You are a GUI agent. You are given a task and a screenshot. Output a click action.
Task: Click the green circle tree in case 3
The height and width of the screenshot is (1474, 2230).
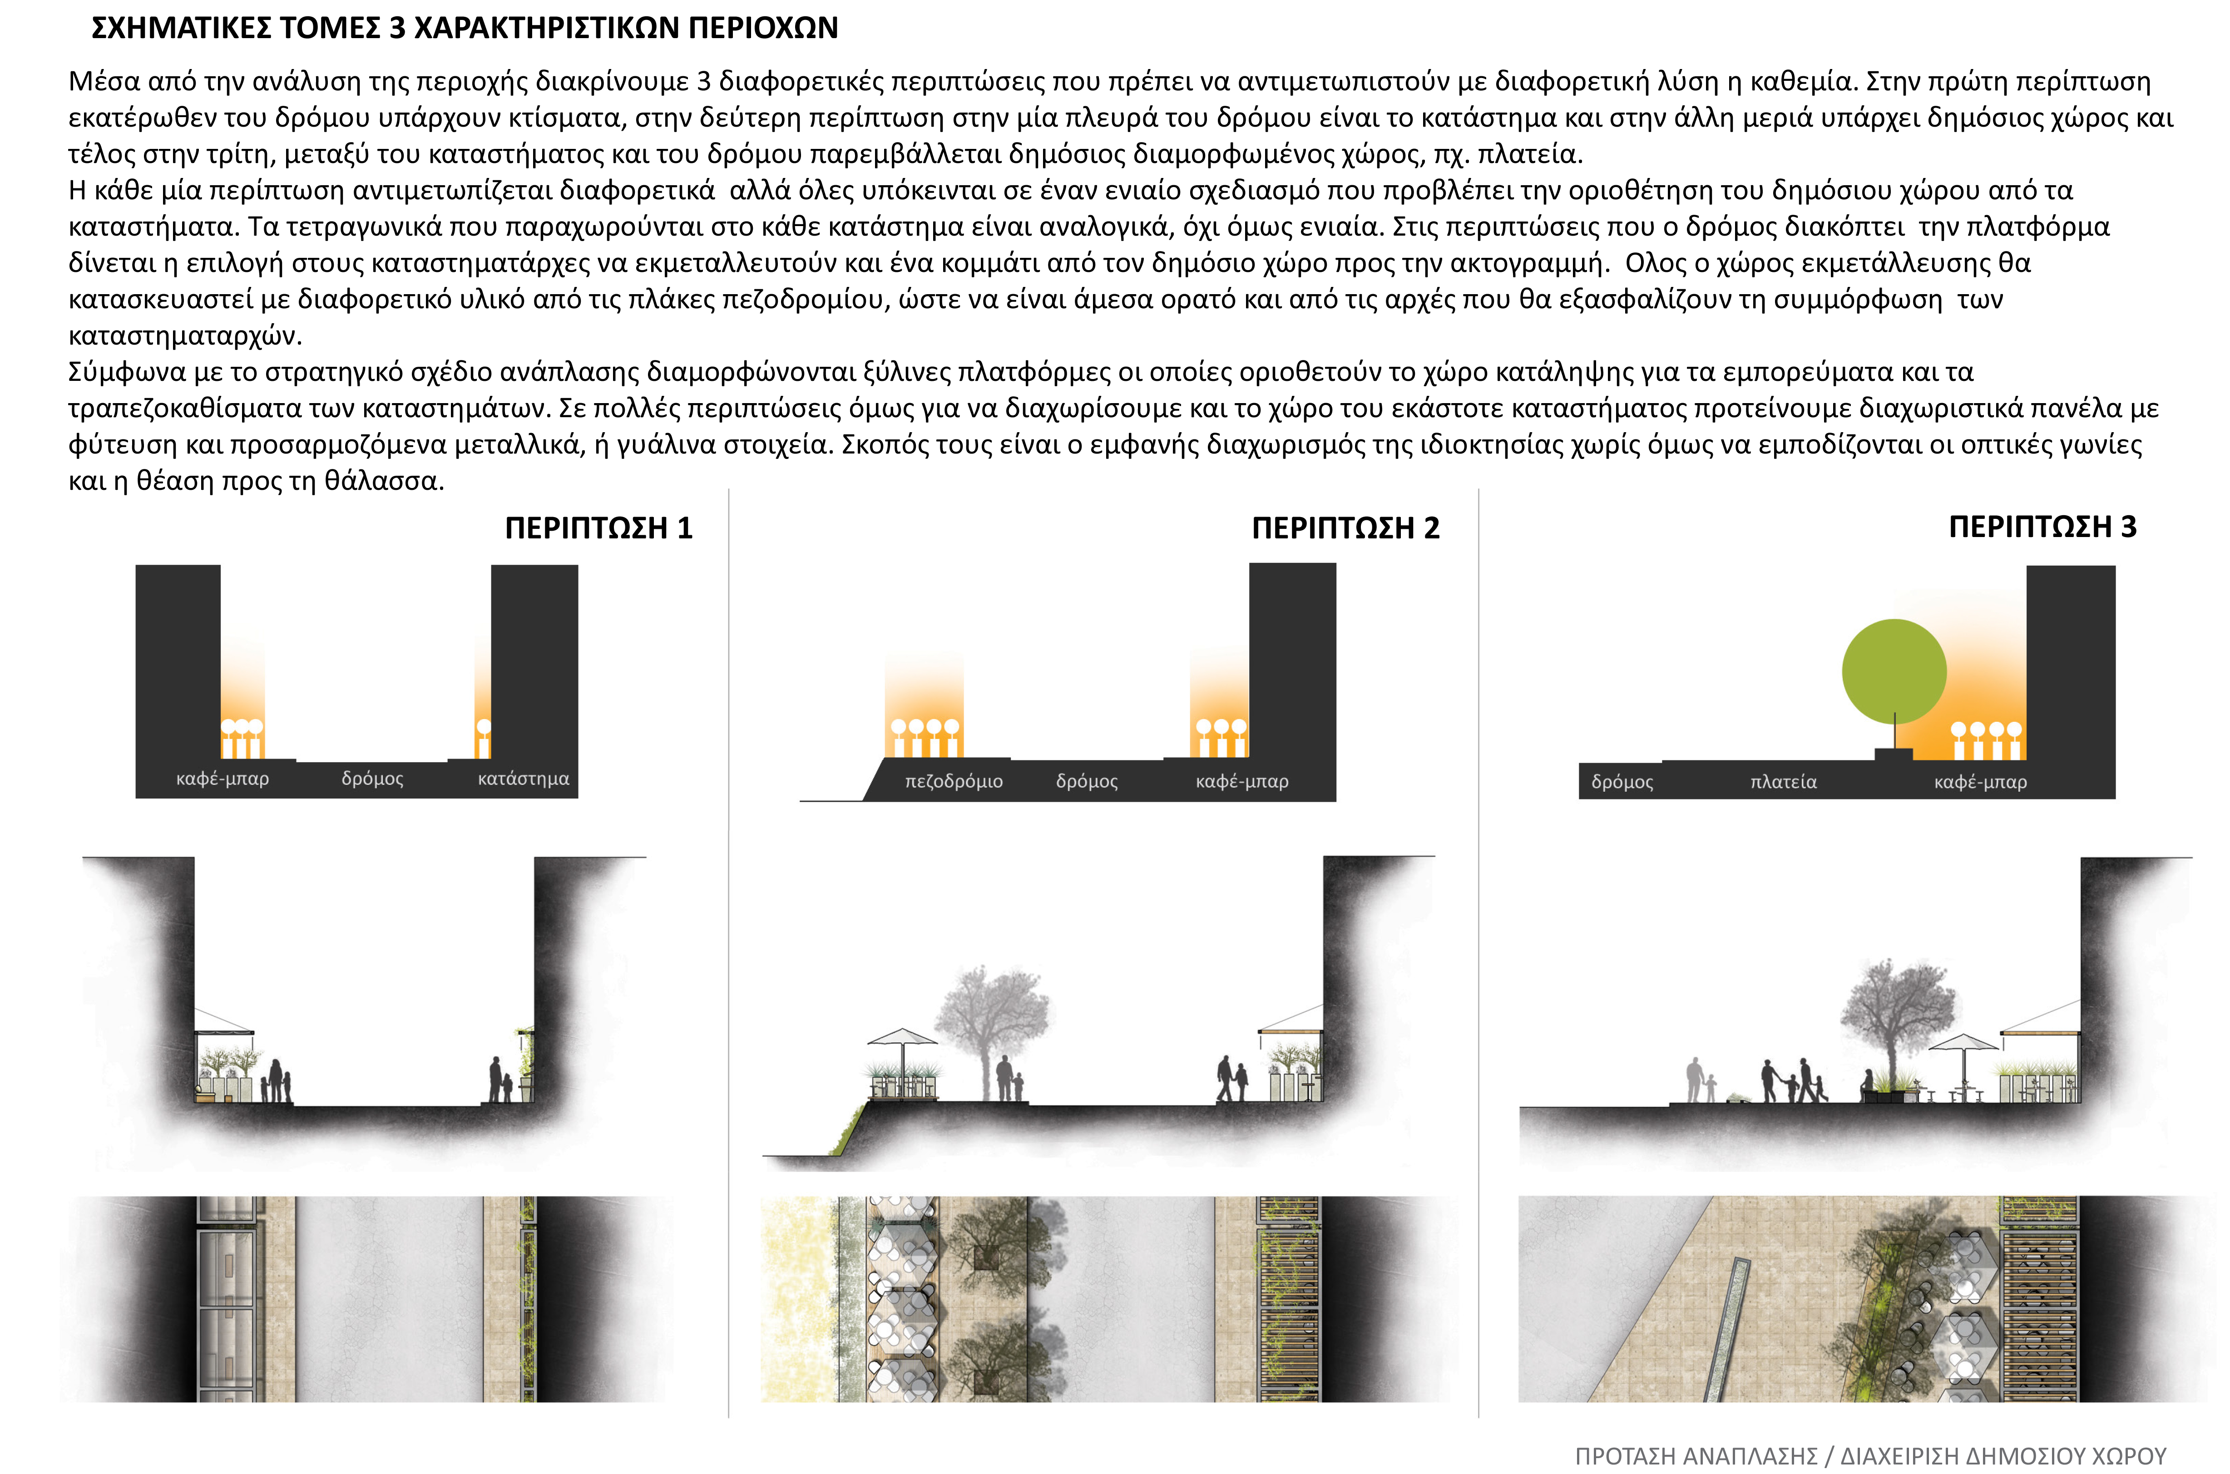[1894, 671]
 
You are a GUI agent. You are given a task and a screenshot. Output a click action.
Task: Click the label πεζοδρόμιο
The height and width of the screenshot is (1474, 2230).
[953, 781]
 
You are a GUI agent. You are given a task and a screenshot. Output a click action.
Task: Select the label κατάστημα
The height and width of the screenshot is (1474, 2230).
[524, 779]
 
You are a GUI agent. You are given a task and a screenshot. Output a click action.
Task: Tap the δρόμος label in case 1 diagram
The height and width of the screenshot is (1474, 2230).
[372, 779]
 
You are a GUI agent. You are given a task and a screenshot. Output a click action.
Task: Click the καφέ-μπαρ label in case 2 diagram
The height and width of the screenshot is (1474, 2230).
[1242, 781]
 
